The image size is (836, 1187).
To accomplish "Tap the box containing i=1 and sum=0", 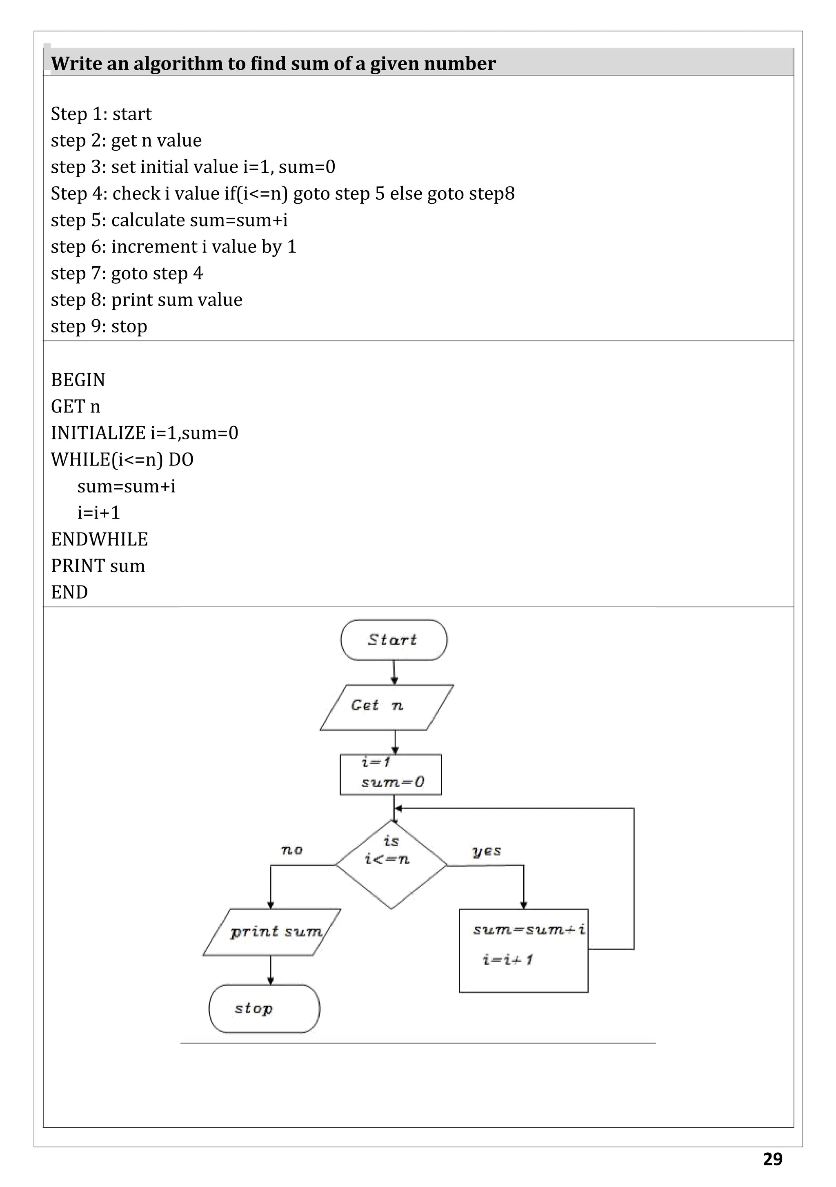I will pos(391,775).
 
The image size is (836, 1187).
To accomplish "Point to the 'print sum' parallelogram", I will pos(272,932).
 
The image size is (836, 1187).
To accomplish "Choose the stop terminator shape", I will pos(264,1009).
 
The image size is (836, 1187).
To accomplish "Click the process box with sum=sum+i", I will pos(523,950).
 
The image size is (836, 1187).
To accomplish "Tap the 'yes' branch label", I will pos(487,851).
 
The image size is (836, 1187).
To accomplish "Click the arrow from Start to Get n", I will pos(394,672).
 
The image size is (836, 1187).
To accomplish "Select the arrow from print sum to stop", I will pos(271,970).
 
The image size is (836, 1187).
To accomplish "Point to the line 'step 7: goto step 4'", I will pos(127,273).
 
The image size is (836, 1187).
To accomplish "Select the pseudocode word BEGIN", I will pos(78,380).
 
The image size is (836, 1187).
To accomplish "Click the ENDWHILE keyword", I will pos(99,539).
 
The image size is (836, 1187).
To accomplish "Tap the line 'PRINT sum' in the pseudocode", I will pos(98,566).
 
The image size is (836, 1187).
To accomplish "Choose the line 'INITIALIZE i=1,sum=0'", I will pos(145,433).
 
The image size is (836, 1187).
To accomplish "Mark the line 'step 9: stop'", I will pos(99,326).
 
